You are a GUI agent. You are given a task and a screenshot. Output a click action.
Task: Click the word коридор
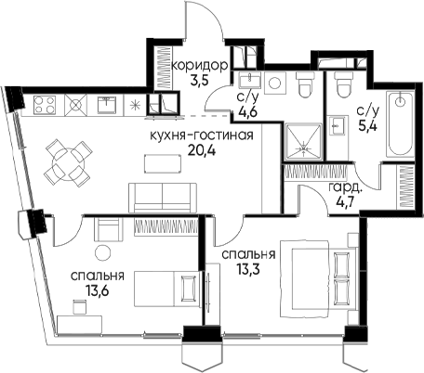coord(200,66)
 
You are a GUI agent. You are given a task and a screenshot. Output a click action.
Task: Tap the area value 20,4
coord(202,150)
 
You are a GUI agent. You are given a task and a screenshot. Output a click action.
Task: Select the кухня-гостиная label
coord(202,135)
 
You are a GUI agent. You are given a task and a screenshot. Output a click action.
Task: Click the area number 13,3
coord(248,269)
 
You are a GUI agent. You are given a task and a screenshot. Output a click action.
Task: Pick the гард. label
coord(345,188)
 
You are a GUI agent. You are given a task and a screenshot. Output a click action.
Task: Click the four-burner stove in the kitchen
coord(45,104)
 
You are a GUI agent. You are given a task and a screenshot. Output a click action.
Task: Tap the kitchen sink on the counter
coord(107,105)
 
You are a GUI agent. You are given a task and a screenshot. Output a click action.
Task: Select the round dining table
coord(68,163)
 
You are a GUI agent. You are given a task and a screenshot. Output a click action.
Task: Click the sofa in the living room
coord(163,198)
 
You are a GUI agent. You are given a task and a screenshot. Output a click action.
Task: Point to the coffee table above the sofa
coord(163,164)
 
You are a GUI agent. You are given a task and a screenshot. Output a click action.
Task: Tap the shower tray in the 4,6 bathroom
coord(304,142)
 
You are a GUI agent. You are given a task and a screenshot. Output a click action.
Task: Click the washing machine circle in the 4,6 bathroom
coord(275,83)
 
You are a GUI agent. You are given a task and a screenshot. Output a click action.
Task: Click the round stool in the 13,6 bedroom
coord(102,252)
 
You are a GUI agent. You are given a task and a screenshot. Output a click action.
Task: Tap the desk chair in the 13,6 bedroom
coord(79,307)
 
